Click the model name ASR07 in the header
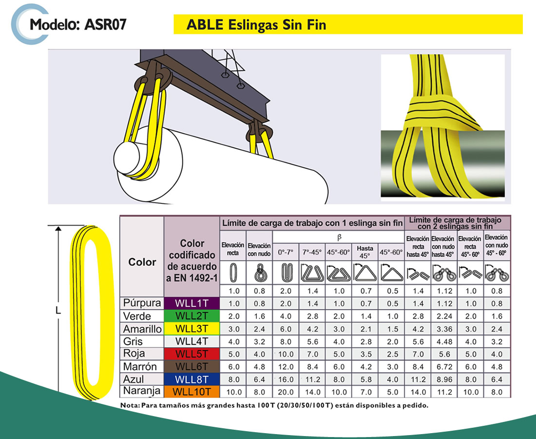105,24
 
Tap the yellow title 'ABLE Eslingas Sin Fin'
256,25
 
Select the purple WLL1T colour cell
192,303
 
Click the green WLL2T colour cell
192,316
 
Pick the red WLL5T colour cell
192,354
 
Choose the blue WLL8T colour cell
192,379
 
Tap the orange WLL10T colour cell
192,392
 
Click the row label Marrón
140,366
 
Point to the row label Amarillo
142,329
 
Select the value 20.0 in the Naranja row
286,392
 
